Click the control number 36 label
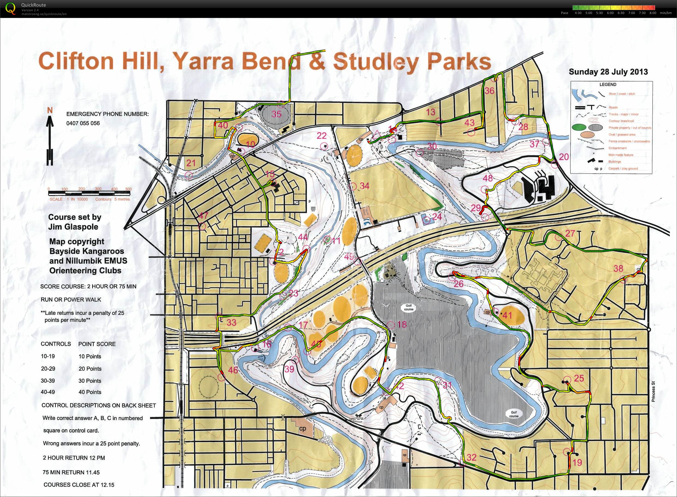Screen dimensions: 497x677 tap(489, 91)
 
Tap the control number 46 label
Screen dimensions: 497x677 tap(233, 370)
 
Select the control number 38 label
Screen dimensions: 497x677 tap(618, 268)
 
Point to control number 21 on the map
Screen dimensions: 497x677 tap(191, 163)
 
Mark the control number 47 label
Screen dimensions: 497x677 tap(203, 215)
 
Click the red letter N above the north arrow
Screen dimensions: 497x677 tap(50, 111)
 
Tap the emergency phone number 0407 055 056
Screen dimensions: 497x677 tap(83, 123)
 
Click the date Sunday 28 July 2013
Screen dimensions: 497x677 tap(608, 72)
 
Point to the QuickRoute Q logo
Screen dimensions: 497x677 tap(11, 8)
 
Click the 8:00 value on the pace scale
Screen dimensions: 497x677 tap(652, 13)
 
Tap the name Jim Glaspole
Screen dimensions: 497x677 tap(73, 227)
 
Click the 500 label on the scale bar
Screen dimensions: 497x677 tap(128, 189)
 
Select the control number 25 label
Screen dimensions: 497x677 tap(579, 378)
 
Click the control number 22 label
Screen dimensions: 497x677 tap(321, 136)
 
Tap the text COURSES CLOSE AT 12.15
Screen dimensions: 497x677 tap(79, 485)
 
